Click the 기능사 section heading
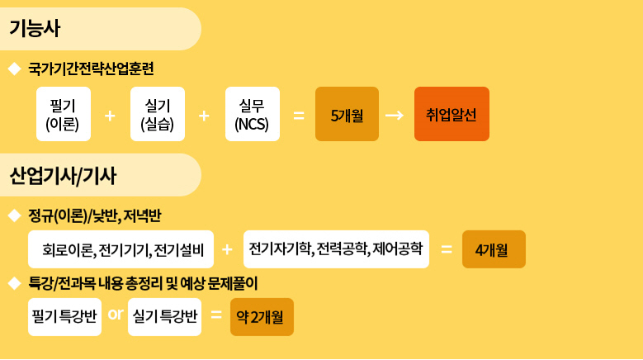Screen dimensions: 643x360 [x=35, y=29]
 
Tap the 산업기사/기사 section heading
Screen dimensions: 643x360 [x=63, y=176]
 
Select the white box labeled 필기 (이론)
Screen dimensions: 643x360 [x=64, y=114]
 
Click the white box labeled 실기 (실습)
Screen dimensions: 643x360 [x=158, y=114]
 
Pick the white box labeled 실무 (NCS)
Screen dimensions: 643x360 [x=253, y=114]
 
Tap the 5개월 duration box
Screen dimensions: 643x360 [x=347, y=114]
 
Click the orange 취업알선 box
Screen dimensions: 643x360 [x=452, y=114]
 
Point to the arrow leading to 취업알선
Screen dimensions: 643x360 [x=395, y=116]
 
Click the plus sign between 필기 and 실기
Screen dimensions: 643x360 [x=110, y=116]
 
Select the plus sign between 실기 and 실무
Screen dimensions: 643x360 [x=204, y=116]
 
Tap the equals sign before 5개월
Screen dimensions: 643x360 [x=299, y=116]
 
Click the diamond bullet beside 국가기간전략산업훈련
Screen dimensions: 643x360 [x=15, y=69]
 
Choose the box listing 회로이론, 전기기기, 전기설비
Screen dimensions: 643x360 [x=121, y=249]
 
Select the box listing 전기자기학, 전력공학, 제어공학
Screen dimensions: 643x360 [x=336, y=249]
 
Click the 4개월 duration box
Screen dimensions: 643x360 [x=494, y=249]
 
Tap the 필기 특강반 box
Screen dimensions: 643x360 [x=64, y=317]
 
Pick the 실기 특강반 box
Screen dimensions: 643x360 [x=164, y=317]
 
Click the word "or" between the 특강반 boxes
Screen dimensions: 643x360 [x=116, y=315]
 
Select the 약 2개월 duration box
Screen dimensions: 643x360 [x=262, y=317]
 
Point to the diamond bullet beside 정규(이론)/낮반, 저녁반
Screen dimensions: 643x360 [x=15, y=216]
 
